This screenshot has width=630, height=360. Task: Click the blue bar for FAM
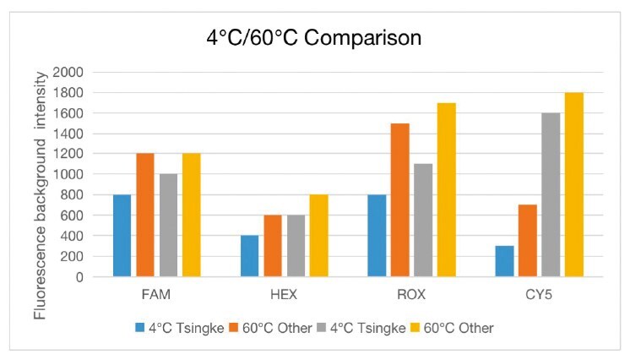(x=122, y=236)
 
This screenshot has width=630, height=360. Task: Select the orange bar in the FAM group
(x=146, y=215)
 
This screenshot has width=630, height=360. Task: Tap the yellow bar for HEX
(x=319, y=236)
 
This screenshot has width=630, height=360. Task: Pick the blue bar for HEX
(x=250, y=256)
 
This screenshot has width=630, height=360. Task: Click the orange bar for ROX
(x=400, y=200)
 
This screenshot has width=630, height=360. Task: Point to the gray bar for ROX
(x=423, y=221)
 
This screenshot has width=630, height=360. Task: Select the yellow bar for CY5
(x=574, y=185)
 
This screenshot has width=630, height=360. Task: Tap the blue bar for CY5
(x=505, y=261)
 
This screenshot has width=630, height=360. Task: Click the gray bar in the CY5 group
(x=551, y=195)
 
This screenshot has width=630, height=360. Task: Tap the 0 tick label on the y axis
(x=78, y=277)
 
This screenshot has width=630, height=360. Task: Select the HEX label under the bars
(x=285, y=297)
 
